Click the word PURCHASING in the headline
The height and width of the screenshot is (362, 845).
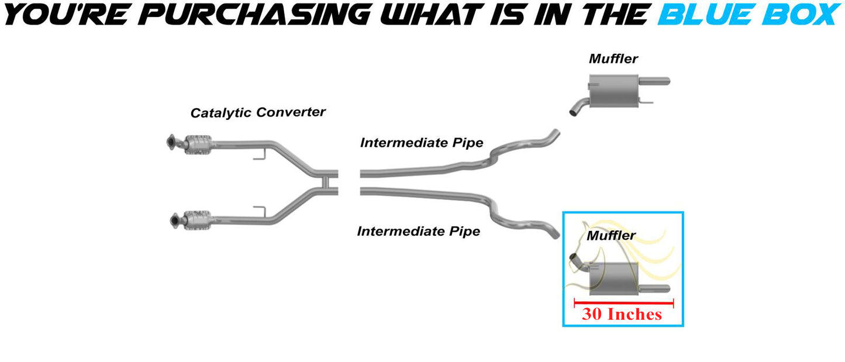click(254, 15)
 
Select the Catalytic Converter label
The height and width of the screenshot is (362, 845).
click(258, 112)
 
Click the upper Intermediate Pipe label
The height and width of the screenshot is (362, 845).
click(422, 143)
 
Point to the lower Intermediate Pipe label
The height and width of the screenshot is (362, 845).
click(418, 231)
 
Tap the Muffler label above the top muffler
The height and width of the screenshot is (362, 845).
click(613, 58)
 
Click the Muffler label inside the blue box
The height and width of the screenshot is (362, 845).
click(611, 235)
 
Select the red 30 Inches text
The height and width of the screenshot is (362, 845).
click(622, 314)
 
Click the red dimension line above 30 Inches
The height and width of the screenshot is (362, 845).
click(623, 303)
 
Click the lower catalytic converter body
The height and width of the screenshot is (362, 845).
click(198, 220)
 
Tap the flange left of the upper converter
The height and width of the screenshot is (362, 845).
click(171, 142)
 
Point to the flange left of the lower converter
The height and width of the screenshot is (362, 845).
click(174, 220)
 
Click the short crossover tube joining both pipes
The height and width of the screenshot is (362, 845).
click(325, 182)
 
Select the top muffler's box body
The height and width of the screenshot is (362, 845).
click(613, 91)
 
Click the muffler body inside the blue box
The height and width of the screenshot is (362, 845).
click(613, 279)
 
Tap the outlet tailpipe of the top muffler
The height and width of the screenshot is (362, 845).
click(654, 81)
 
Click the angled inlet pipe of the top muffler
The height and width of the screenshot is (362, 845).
click(579, 106)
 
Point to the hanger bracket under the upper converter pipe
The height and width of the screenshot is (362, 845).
click(260, 154)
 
